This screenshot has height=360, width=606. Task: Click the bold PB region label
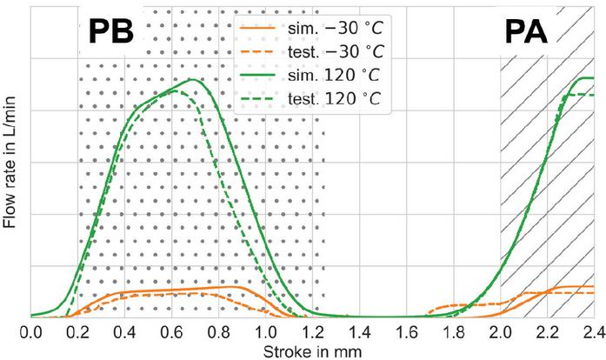coord(111,32)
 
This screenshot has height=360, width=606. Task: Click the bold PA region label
coord(526,33)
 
